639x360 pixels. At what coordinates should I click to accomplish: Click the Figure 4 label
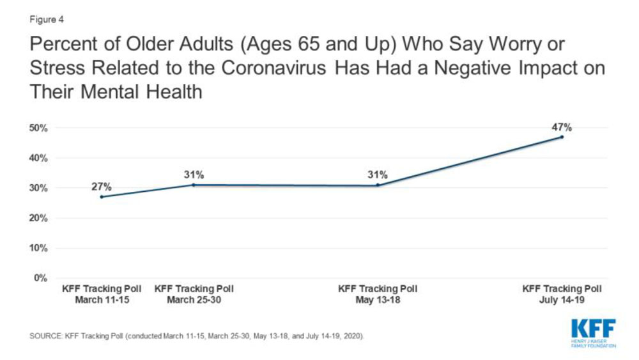coord(46,19)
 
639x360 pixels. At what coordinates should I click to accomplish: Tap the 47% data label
coord(562,127)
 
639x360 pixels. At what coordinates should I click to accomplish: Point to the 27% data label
coord(102,187)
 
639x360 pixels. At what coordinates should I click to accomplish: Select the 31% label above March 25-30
coord(193,175)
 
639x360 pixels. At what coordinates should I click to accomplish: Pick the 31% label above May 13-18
coord(377,175)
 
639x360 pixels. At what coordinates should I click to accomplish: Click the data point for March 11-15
coord(102,197)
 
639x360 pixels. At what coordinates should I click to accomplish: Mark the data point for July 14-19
coord(562,137)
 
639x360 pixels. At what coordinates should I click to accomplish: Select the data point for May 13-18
coord(378,185)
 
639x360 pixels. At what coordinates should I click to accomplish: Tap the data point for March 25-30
coord(193,185)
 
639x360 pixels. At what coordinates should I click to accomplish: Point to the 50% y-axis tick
coord(40,128)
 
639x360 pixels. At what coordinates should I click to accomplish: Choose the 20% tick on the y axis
coord(40,218)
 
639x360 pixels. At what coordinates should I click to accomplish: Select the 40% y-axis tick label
coord(40,158)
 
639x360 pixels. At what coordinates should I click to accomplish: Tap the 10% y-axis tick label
coord(40,248)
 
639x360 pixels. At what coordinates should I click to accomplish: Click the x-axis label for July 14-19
coord(562,294)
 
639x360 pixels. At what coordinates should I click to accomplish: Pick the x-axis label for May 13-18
coord(378,294)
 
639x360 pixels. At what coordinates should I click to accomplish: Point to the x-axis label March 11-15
coord(102,294)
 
